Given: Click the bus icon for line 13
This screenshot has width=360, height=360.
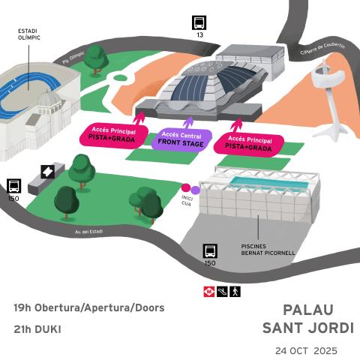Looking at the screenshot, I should coord(199,22).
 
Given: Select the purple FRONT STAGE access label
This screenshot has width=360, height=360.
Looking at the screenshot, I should coord(181,139).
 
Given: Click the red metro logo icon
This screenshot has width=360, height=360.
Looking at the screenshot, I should coord(208,290).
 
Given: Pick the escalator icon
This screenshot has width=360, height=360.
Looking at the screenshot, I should coord(222,290).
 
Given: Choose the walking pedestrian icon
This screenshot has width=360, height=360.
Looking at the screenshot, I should coord(235,290).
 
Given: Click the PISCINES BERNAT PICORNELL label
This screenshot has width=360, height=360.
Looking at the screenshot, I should coord(268,250).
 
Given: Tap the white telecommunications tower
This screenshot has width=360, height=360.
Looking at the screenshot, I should coord(327,82).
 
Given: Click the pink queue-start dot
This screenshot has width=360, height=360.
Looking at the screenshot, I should coord(186,188).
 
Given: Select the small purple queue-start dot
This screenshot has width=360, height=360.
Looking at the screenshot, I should coord(196,190).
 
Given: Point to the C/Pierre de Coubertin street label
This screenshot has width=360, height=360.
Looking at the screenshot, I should coord(322,49).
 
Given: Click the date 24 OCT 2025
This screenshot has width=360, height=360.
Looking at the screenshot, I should coord(306,350).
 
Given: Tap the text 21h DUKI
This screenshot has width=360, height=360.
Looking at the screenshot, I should coord(37,328).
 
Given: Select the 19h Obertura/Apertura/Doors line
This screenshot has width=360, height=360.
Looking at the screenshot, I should coord(88,307).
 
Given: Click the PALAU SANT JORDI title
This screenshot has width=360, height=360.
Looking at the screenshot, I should coord(308,319).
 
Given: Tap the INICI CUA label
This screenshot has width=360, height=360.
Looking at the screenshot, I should coord(187,200).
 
